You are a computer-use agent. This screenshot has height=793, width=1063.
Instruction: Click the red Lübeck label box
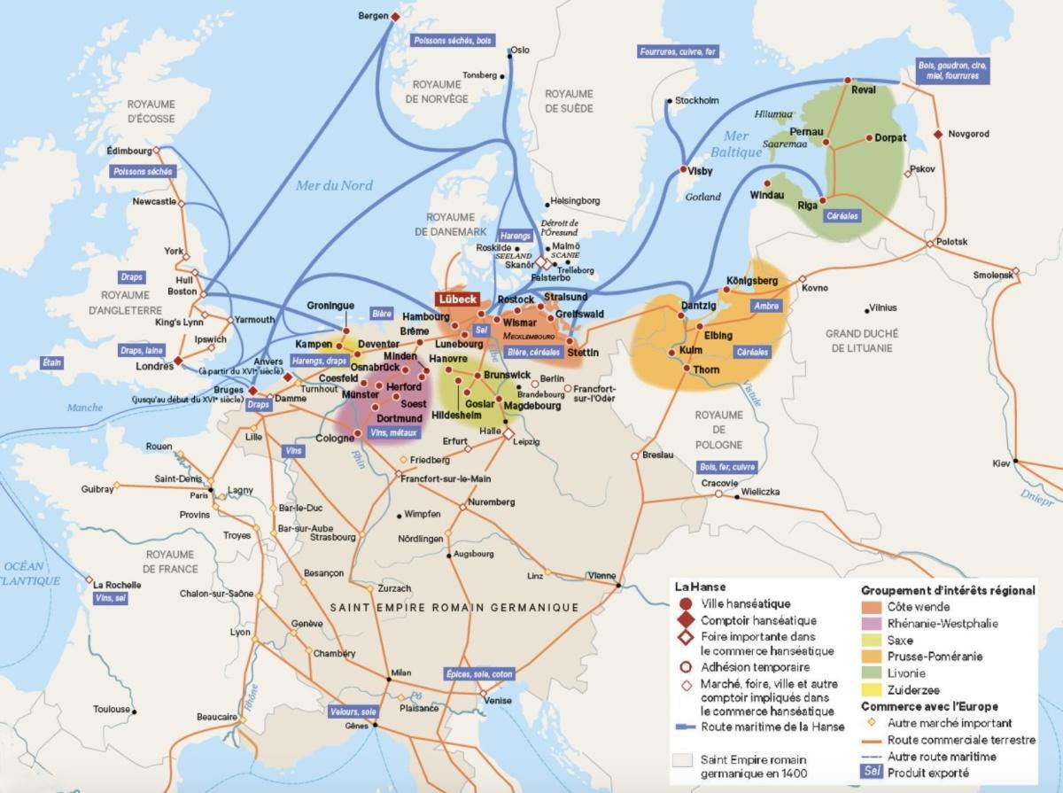[x=456, y=299]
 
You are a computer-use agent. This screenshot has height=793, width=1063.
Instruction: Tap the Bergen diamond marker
[x=396, y=16]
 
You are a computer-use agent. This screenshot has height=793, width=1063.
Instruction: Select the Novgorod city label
[x=968, y=134]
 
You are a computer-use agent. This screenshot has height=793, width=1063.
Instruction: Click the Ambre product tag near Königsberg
[x=766, y=306]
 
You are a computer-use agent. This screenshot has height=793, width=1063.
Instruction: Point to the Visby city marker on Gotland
[x=684, y=170]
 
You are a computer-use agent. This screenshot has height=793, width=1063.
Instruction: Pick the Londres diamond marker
[x=178, y=361]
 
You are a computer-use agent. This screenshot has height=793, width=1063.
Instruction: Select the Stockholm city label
[x=696, y=100]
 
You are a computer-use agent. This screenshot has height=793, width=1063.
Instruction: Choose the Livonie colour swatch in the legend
[x=873, y=672]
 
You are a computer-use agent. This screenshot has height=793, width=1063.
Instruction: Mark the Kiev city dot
[x=1016, y=461]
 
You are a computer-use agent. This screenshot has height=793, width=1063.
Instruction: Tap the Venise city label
[x=498, y=700]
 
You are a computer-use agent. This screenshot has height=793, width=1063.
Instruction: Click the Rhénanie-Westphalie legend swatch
[x=873, y=624]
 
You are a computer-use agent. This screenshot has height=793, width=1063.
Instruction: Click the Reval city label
[x=862, y=89]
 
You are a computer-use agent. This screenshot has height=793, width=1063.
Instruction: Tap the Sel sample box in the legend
[x=873, y=772]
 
